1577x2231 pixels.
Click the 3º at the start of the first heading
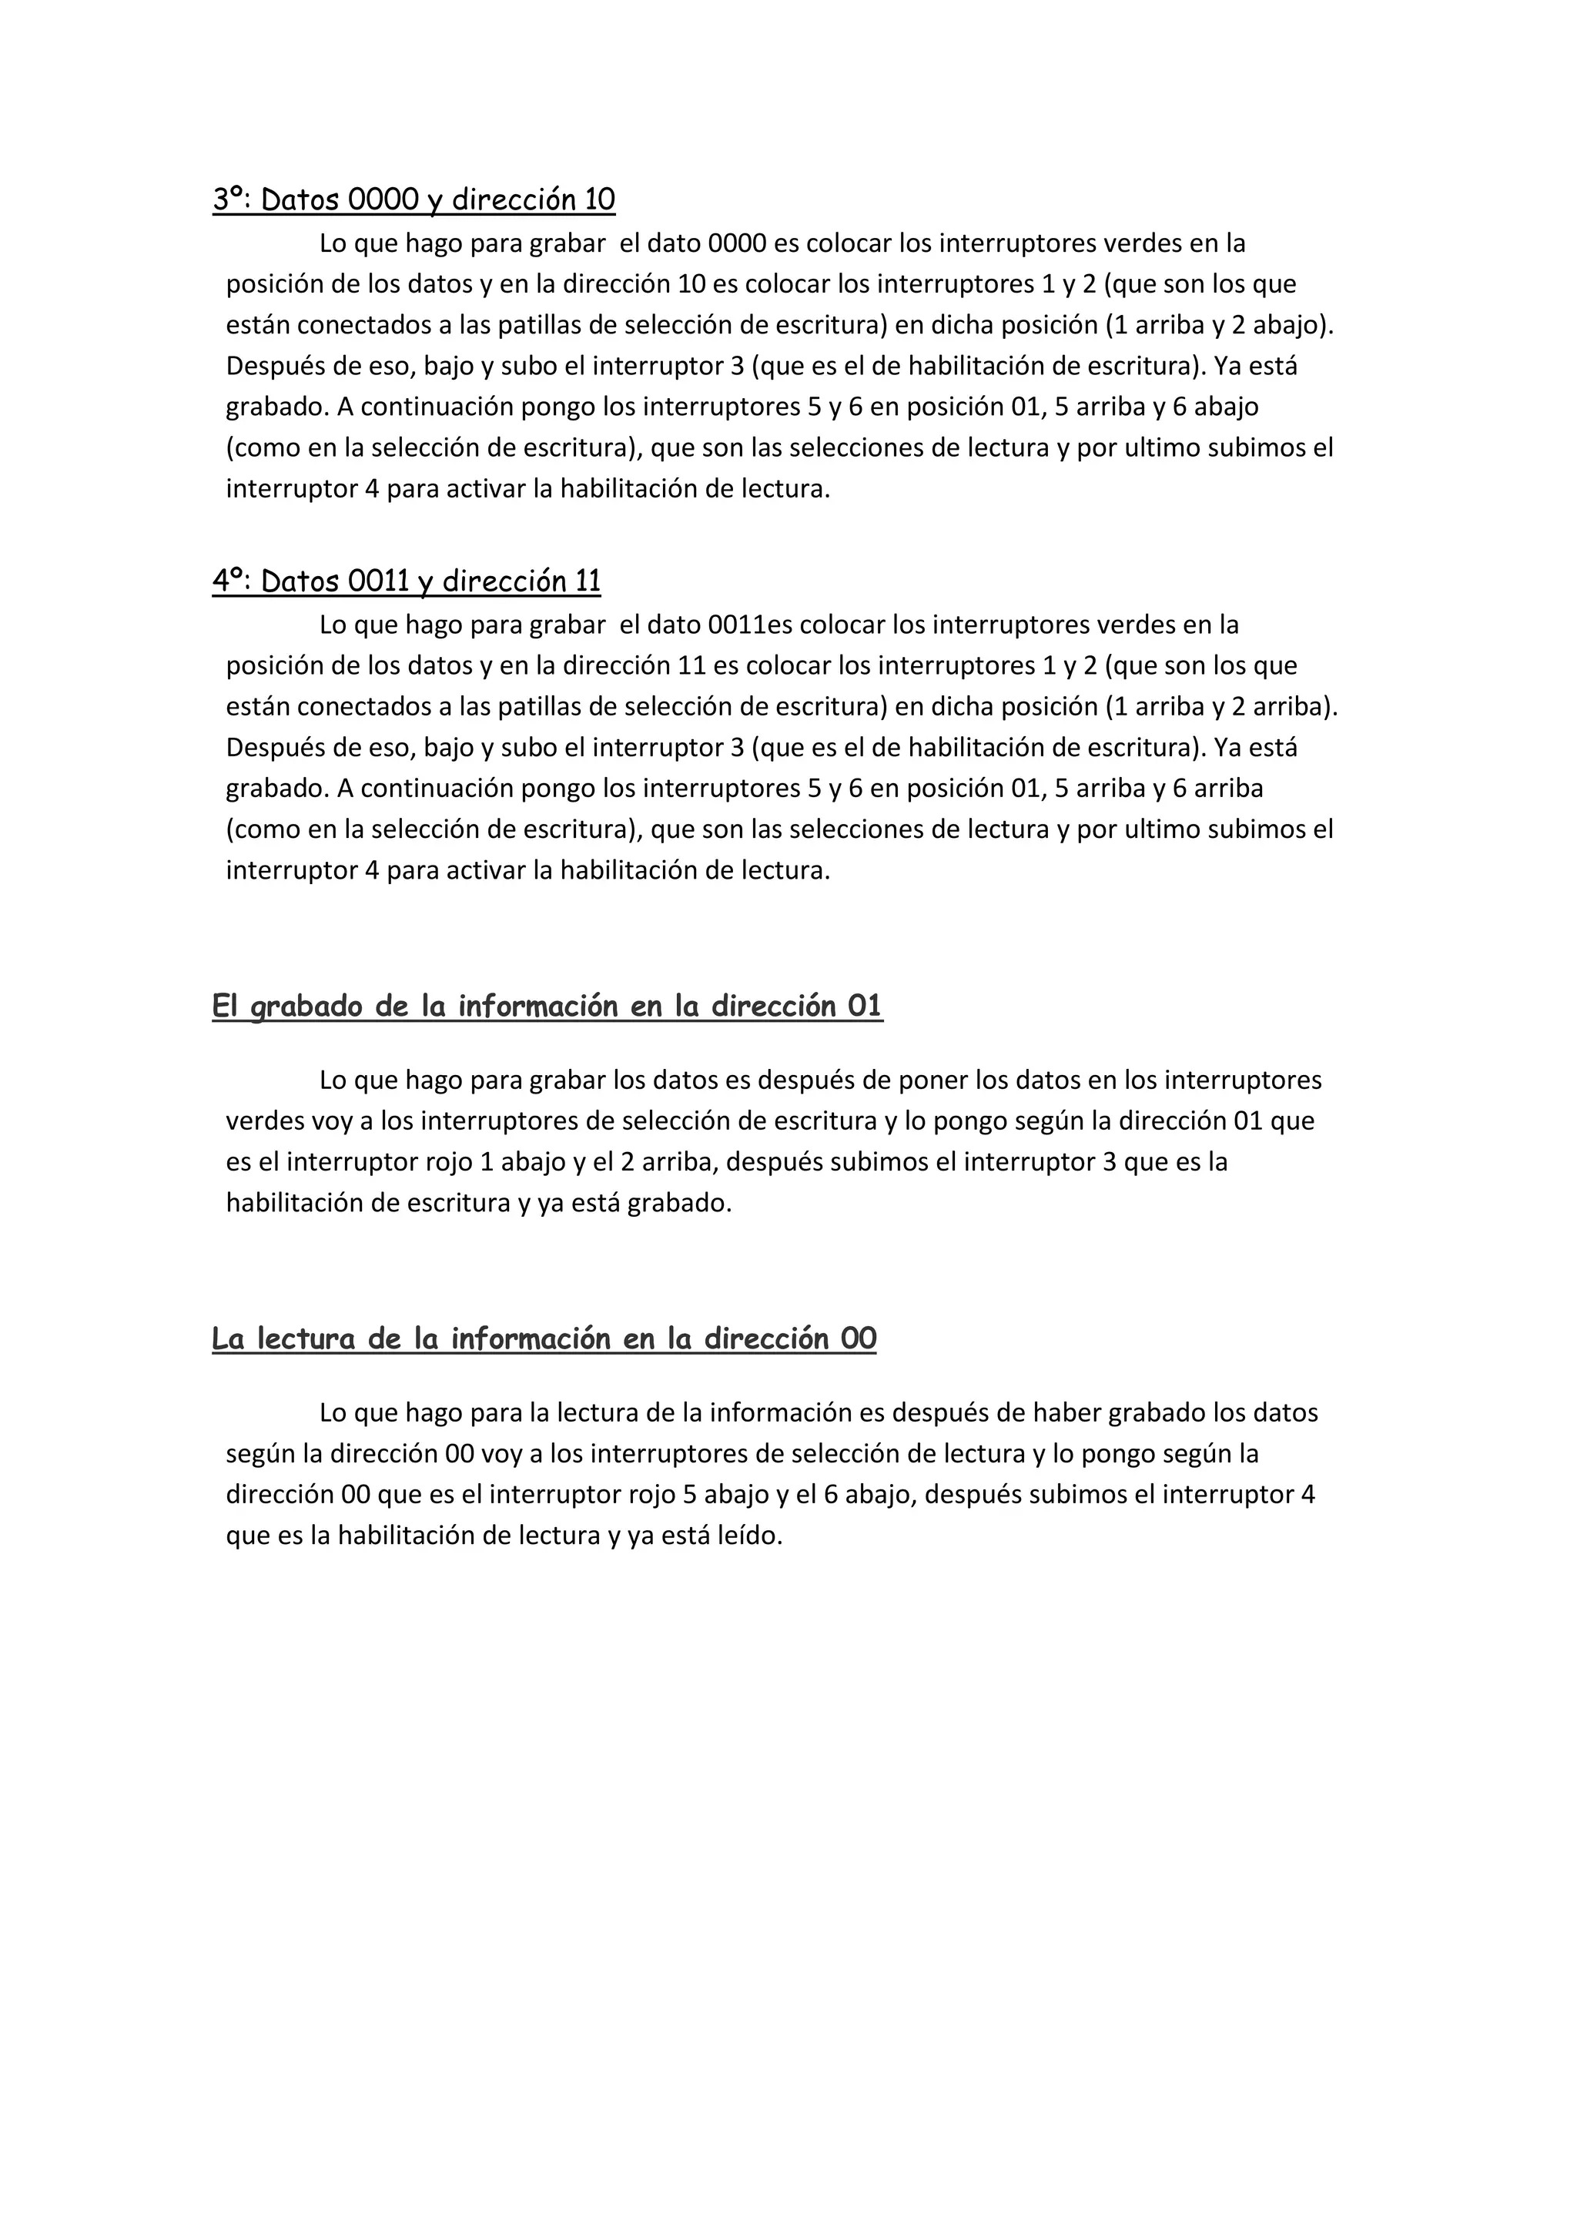click(x=229, y=199)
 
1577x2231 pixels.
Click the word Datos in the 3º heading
click(x=300, y=199)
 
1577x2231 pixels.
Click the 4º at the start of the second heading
click(x=229, y=581)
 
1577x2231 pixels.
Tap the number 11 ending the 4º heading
click(x=587, y=581)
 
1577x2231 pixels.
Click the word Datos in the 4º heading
click(x=300, y=581)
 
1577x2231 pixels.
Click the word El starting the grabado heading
click(x=226, y=1006)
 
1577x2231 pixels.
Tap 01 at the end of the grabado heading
click(x=864, y=1006)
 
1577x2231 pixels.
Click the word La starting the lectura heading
click(x=229, y=1339)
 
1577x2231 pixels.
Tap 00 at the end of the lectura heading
click(x=859, y=1339)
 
